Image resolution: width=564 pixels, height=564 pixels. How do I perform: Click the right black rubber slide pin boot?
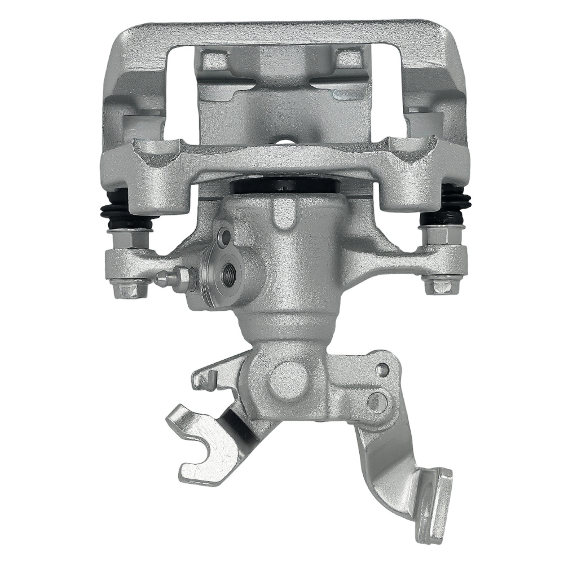click(x=453, y=203)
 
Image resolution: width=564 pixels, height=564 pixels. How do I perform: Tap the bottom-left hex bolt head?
click(x=128, y=289)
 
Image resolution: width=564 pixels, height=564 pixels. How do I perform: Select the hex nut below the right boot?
click(x=442, y=235)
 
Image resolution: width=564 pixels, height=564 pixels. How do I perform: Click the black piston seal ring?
click(x=285, y=187)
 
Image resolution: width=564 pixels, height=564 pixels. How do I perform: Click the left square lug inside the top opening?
click(x=214, y=59)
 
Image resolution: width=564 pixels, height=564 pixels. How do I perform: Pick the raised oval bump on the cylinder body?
click(x=281, y=214)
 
